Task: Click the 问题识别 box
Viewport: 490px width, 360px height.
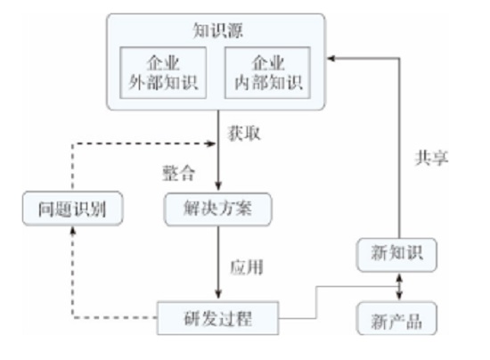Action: click(73, 210)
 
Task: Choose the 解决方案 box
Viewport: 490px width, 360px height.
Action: click(218, 210)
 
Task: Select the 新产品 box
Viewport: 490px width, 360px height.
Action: click(398, 317)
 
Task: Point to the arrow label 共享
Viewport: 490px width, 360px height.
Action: click(432, 158)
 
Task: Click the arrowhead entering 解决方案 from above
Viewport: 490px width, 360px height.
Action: click(218, 188)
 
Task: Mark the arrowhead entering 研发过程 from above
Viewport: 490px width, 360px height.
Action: click(218, 295)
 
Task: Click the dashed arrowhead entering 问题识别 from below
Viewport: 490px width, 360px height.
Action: click(73, 231)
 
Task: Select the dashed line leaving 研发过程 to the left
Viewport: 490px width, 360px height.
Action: click(116, 316)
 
